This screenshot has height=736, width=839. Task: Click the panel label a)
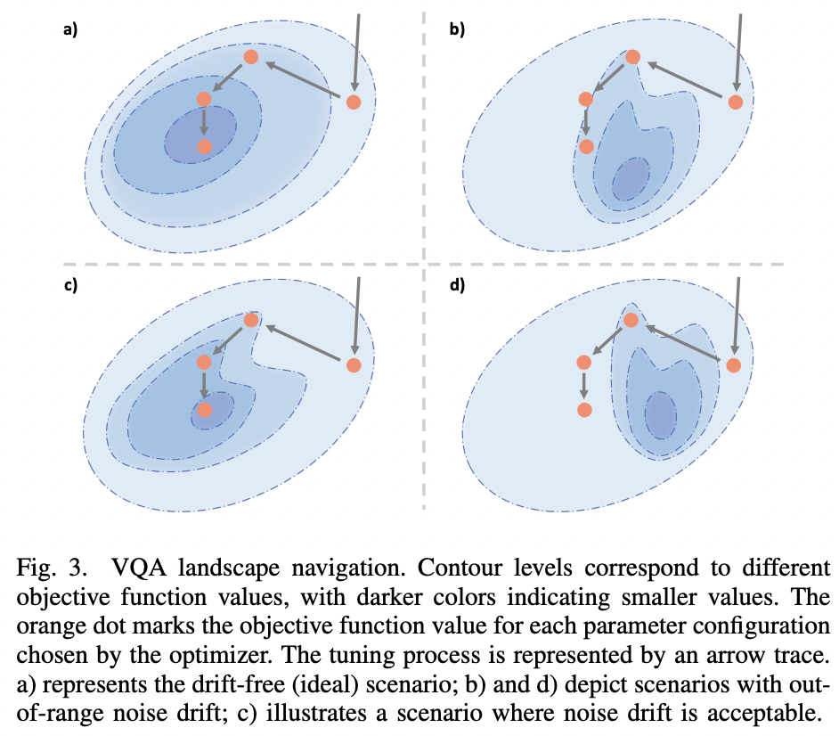coord(70,29)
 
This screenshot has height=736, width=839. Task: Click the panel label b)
coord(457,29)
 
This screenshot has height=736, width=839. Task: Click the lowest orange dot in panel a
coord(204,146)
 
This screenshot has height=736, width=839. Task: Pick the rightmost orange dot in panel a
coord(354,102)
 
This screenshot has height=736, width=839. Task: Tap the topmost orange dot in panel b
coord(632,57)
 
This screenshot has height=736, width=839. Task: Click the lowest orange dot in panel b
coord(586,146)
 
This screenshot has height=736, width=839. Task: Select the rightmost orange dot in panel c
coord(354,364)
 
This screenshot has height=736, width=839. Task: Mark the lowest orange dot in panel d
coord(584,410)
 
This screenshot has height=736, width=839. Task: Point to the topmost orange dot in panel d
coord(631,320)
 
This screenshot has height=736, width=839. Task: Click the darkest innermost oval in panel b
coord(630,178)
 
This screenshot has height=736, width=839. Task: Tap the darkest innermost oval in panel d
coord(660,415)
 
